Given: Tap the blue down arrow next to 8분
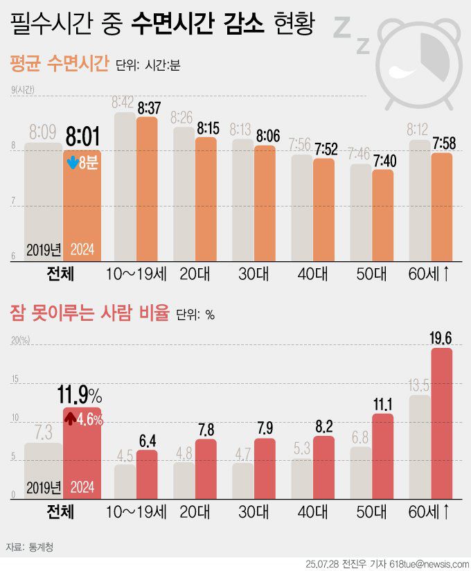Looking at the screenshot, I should tap(71, 164).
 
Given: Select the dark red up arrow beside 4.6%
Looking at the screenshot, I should tap(70, 419).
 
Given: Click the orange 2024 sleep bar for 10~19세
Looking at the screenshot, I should tap(147, 187).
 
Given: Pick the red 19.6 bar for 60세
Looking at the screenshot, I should tap(441, 423).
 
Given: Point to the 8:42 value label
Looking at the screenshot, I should tap(123, 103).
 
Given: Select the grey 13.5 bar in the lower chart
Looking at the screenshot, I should tap(419, 447).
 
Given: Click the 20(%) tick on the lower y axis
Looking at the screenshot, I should tap(19, 340).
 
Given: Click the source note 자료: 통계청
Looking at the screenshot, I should tap(32, 547).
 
